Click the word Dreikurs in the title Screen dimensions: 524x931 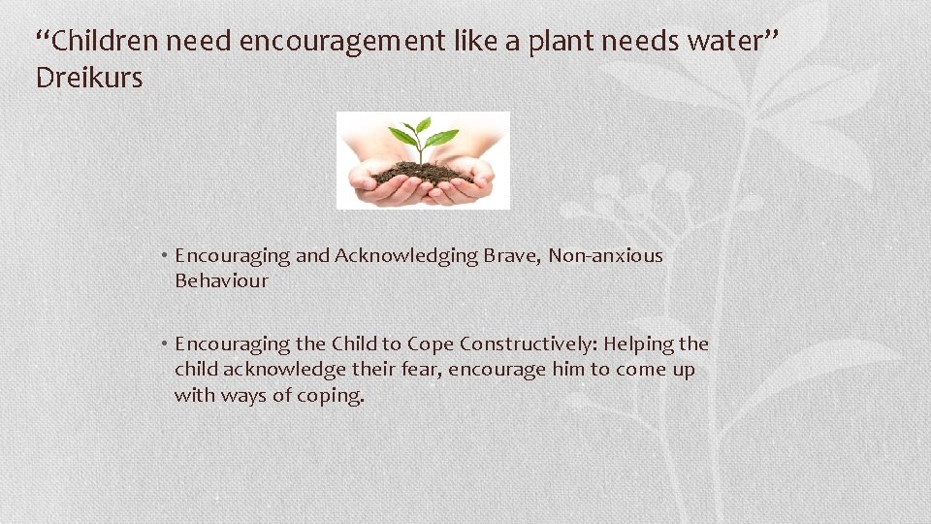point(88,78)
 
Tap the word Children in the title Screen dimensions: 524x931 point(105,42)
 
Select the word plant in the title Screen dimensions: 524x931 point(563,42)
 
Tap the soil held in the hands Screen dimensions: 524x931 point(423,174)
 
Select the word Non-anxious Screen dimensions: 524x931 point(605,256)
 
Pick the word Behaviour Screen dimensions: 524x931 point(221,281)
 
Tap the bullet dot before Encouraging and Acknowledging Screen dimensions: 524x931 point(167,256)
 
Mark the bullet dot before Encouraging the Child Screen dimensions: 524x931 point(167,344)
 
